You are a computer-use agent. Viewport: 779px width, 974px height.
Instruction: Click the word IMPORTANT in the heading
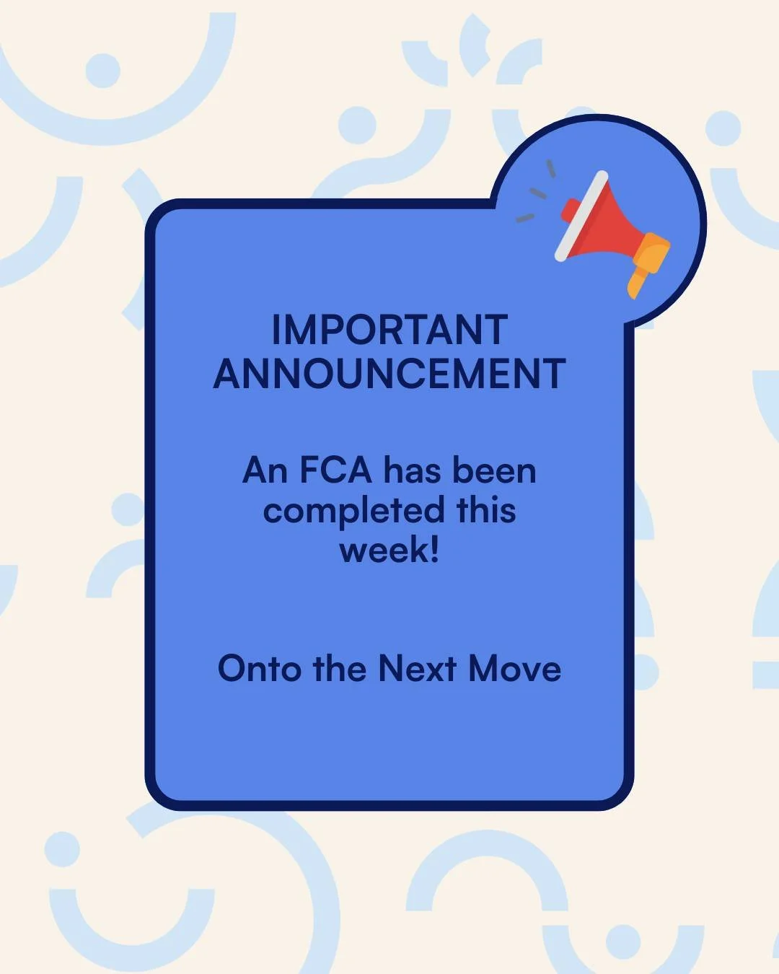click(389, 330)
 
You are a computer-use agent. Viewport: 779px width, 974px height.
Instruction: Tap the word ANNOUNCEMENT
click(389, 374)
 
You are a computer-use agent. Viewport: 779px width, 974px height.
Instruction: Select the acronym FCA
click(335, 470)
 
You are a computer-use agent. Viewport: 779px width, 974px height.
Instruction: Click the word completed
click(353, 512)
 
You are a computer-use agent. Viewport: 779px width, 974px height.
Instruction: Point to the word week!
click(389, 550)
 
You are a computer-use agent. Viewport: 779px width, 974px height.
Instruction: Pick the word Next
click(417, 669)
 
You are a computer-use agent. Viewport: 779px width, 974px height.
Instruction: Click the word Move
click(514, 669)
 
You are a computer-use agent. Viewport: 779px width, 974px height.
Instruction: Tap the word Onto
click(259, 669)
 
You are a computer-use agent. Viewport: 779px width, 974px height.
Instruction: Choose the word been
click(494, 470)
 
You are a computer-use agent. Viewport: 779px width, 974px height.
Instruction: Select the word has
click(412, 470)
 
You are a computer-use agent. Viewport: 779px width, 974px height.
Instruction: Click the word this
click(486, 510)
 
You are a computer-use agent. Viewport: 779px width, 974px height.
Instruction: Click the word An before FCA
click(265, 470)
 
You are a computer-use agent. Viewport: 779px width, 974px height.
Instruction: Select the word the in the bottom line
click(339, 669)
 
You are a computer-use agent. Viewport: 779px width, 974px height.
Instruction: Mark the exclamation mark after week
click(433, 550)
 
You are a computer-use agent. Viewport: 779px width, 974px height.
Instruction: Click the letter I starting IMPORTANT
click(276, 330)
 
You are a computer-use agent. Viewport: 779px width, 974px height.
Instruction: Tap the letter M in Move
click(485, 669)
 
